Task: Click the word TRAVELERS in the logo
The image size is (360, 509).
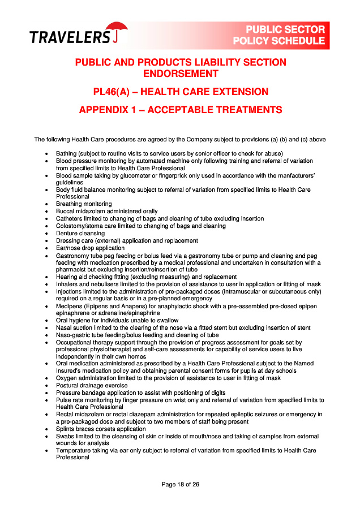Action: click(70, 37)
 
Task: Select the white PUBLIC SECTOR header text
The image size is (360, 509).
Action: click(285, 29)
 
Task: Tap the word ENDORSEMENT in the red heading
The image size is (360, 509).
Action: click(180, 74)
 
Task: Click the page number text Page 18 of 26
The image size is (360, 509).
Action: click(180, 484)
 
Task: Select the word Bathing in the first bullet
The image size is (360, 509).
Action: click(67, 153)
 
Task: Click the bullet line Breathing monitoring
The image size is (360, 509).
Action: click(84, 204)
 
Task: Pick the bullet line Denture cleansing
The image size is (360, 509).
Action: click(80, 233)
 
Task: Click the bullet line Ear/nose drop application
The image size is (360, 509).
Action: click(91, 248)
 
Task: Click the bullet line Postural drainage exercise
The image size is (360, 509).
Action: click(92, 385)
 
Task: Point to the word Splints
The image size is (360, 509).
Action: click(66, 429)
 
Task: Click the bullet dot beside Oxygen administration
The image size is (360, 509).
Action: click(46, 378)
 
